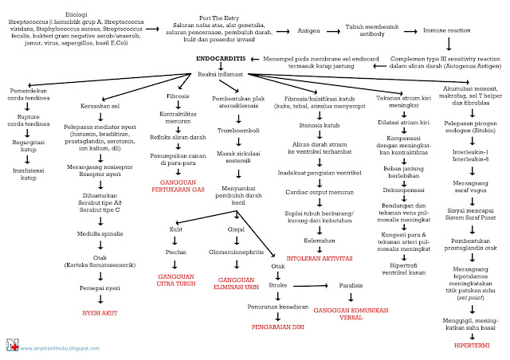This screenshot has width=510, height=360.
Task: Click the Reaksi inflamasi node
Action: coord(221,73)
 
